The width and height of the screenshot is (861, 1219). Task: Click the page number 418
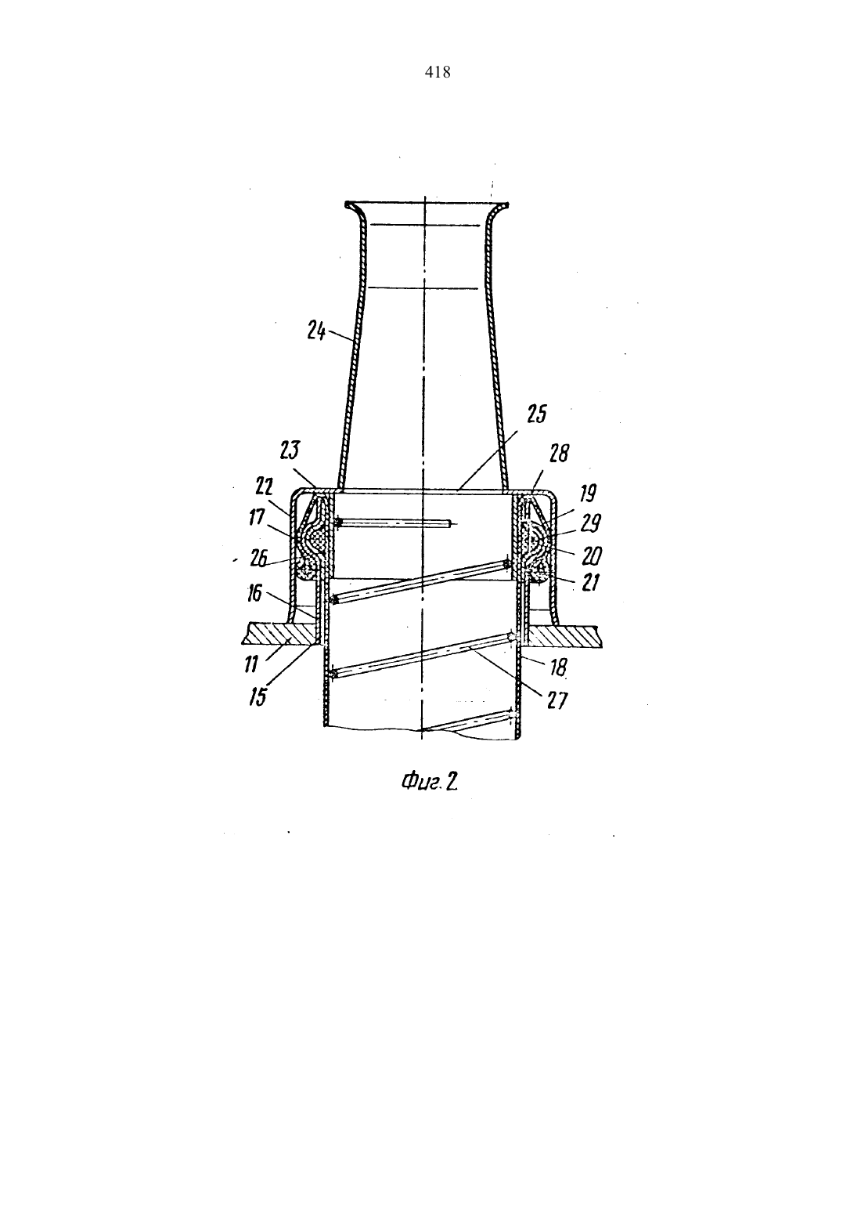(x=438, y=72)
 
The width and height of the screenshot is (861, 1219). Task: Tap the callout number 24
(x=316, y=331)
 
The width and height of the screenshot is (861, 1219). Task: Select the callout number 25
(x=536, y=414)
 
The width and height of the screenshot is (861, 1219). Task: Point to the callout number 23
(x=290, y=451)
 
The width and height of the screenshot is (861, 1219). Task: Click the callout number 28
(x=560, y=453)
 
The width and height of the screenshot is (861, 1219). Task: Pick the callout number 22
(x=264, y=486)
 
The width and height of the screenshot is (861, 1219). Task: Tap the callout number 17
(x=257, y=517)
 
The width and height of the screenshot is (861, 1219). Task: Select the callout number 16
(x=254, y=592)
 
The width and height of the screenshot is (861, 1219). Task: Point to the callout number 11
(x=250, y=664)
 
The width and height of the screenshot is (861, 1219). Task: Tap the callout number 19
(x=588, y=493)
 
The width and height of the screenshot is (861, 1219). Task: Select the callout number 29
(x=590, y=523)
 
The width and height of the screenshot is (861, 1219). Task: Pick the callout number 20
(x=592, y=556)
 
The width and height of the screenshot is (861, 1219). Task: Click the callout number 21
(x=590, y=583)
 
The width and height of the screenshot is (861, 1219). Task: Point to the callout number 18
(x=558, y=667)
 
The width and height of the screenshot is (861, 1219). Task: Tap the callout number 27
(x=557, y=700)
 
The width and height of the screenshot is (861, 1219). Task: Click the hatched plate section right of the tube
(x=564, y=635)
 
